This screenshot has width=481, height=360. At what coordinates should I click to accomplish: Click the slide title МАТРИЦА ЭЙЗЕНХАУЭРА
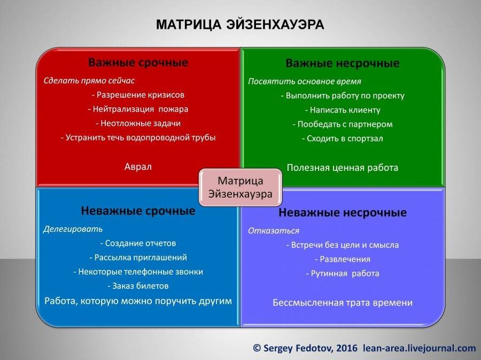click(x=240, y=25)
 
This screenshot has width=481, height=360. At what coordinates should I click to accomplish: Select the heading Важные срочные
click(x=138, y=62)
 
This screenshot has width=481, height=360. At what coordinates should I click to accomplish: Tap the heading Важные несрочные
click(x=343, y=64)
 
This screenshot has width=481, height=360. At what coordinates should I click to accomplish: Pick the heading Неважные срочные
click(x=138, y=210)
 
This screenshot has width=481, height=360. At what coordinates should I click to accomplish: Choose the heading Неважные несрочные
click(x=343, y=213)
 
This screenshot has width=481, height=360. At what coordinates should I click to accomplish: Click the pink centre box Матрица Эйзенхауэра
click(x=240, y=186)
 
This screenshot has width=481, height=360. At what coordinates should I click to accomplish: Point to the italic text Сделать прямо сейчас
click(x=89, y=81)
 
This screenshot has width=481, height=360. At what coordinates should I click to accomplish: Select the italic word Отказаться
click(x=274, y=231)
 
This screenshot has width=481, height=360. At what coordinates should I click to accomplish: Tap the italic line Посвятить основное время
click(x=305, y=82)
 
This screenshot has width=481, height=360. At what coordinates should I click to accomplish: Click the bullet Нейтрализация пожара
click(x=138, y=109)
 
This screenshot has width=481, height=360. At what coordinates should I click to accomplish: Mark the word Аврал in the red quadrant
click(x=138, y=166)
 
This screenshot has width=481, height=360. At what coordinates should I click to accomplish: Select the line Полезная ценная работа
click(x=343, y=167)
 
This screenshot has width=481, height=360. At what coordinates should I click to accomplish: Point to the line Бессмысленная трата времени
click(x=343, y=302)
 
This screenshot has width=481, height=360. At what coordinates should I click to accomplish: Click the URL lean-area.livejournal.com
click(x=419, y=348)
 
